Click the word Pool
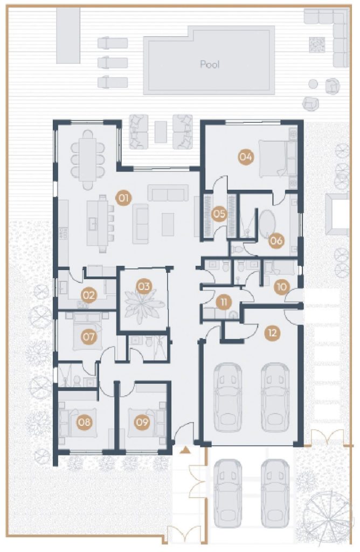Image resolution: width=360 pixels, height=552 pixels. coord(210,64)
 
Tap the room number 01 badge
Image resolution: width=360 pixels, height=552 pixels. coord(123,198)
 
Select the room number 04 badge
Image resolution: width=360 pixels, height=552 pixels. coord(246,157)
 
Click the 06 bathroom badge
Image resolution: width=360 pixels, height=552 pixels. coord(276,241)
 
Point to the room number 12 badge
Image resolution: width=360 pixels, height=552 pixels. coord(273,333)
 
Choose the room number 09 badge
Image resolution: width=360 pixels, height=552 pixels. coord(142,422)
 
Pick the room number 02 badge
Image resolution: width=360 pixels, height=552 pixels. coord(89,295)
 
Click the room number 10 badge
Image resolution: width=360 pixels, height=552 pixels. coord(281,287)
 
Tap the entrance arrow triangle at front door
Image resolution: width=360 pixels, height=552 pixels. coord(186,450)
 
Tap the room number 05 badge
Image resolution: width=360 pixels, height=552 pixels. coord(219,213)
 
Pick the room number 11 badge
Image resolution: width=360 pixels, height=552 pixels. coord(224,302)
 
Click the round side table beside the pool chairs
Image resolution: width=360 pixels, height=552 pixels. coord(313,84)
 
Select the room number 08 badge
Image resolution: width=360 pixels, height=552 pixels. coord(85,422)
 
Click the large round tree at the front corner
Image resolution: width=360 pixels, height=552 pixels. coord(327,516)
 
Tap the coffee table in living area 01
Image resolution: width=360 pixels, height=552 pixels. coord(168,224)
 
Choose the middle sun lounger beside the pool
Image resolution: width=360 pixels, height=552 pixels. coord(112,63)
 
